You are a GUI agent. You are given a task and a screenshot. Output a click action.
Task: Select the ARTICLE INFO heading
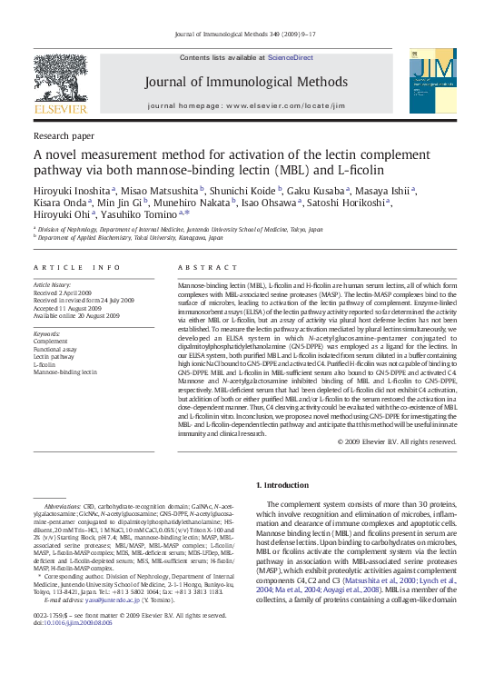tap(77, 268)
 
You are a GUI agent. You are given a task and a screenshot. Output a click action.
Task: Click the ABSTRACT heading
tap(201, 268)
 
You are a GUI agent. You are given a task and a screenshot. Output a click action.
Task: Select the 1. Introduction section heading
tap(283, 485)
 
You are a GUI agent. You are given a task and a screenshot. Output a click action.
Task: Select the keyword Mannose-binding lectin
tap(65, 372)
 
